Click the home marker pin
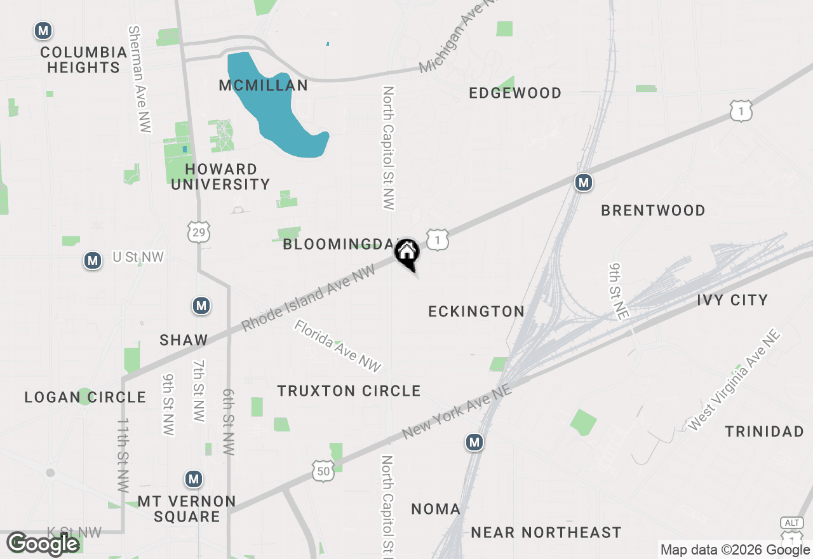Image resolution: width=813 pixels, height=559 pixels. click(406, 253)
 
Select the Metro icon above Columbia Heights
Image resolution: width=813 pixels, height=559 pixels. click(43, 30)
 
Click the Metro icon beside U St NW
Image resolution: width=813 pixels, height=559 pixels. click(93, 260)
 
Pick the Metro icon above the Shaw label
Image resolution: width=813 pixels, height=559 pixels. click(201, 306)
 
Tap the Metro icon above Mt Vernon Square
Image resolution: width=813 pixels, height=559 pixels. click(194, 479)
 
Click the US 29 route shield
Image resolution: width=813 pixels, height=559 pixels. click(199, 232)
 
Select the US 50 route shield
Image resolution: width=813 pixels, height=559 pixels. click(323, 471)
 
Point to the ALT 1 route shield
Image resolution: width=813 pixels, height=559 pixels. click(791, 528)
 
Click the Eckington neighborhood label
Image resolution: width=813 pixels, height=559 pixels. click(476, 311)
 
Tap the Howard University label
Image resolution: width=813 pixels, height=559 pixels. click(220, 177)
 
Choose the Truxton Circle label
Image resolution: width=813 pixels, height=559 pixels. click(349, 391)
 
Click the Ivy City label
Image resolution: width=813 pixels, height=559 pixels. click(732, 300)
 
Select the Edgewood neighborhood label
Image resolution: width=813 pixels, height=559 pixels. click(515, 93)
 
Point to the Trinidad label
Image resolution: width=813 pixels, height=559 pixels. click(764, 432)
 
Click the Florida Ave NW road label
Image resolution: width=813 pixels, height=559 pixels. click(337, 346)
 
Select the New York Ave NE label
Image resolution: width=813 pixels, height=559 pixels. click(457, 411)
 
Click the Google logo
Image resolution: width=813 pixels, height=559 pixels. click(43, 544)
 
